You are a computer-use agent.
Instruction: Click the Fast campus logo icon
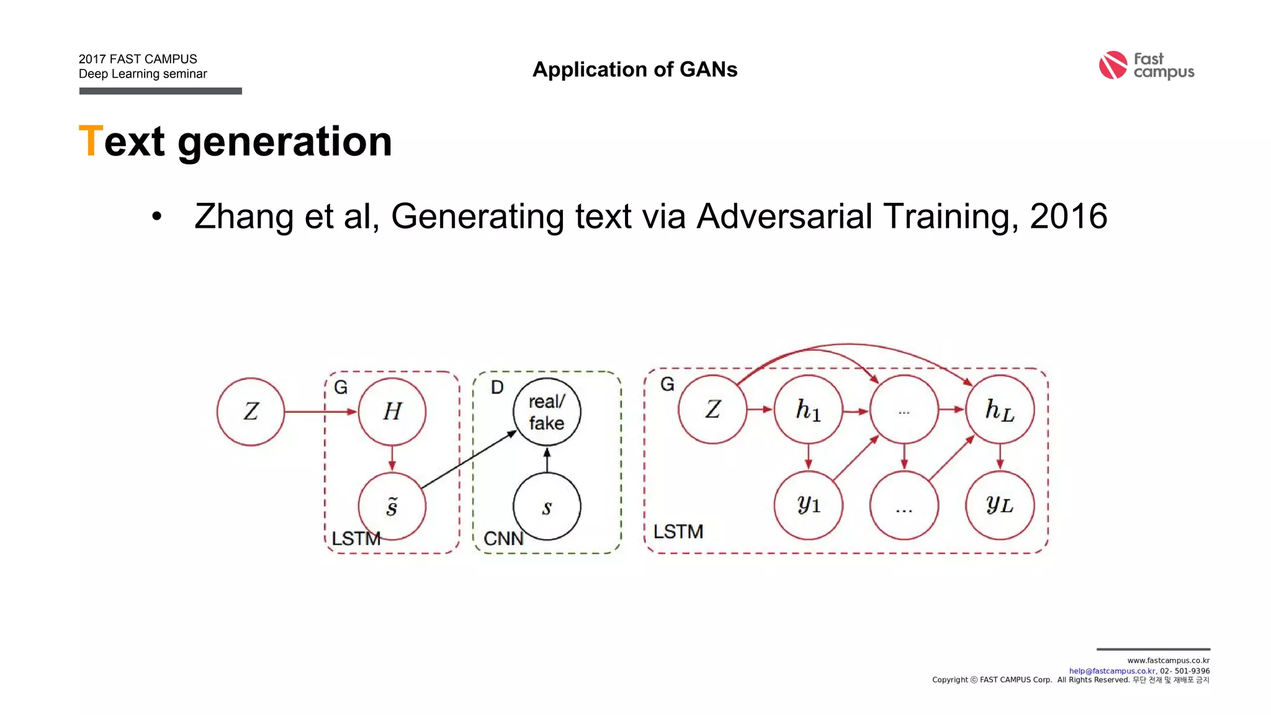point(1112,65)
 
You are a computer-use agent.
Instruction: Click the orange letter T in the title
point(90,142)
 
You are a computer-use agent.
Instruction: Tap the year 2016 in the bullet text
point(1068,216)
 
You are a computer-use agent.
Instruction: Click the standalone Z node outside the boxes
point(251,411)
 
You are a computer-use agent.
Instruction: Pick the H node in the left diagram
point(392,411)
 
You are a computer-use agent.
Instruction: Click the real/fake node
point(547,412)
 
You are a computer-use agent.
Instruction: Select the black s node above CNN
point(547,507)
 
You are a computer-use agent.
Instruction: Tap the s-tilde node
point(392,507)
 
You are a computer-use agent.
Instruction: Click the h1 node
point(808,410)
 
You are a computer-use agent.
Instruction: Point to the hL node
point(1000,410)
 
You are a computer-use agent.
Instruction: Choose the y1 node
point(808,505)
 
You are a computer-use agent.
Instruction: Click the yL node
point(1000,505)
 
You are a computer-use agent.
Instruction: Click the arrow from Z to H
point(320,411)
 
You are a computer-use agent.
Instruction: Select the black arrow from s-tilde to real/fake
point(469,460)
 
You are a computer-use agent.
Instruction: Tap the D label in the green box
point(497,388)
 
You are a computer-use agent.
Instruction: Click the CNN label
point(503,538)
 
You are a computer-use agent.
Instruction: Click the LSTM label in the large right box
point(678,532)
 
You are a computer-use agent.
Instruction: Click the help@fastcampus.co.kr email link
point(1112,671)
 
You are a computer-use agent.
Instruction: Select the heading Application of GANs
point(635,70)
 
